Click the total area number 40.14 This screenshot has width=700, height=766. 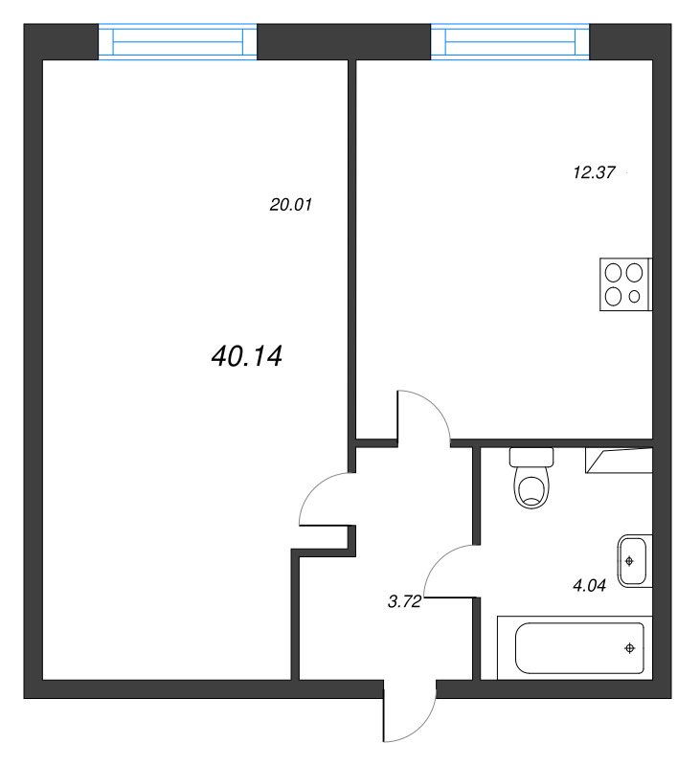click(x=247, y=356)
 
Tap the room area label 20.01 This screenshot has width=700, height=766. click(x=291, y=205)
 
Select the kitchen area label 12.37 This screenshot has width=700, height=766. click(x=594, y=172)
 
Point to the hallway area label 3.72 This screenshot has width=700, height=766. click(x=404, y=602)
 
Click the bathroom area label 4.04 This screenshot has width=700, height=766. click(x=590, y=585)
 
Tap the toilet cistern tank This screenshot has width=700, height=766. click(x=531, y=458)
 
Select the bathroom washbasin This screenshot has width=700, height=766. click(x=635, y=561)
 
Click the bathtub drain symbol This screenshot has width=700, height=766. click(x=630, y=648)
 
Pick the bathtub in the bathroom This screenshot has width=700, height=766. click(x=575, y=648)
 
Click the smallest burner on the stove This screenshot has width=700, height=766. click(x=635, y=296)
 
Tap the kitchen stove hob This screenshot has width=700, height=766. click(x=625, y=284)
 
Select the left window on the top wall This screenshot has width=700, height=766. click(x=178, y=41)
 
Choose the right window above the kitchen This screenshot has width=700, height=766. click(x=510, y=41)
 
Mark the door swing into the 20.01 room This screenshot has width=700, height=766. click(x=312, y=488)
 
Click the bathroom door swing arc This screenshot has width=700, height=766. click(x=439, y=560)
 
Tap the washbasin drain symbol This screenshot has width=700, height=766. click(x=629, y=561)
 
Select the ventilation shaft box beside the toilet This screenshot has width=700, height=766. click(x=619, y=461)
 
